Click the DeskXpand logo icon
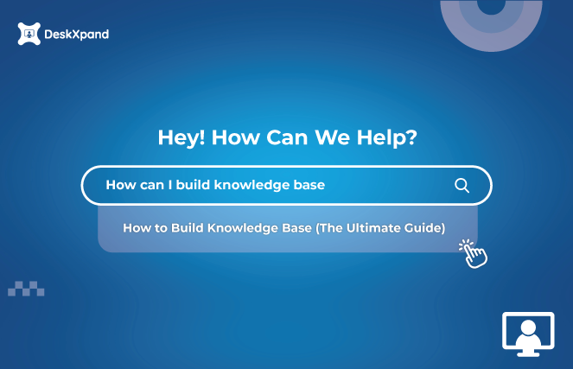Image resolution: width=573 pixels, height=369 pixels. coord(28,34)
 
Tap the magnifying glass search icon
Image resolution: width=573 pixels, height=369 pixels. coord(462,185)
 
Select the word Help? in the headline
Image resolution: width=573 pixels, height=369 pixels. coord(387,137)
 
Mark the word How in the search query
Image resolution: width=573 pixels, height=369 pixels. coord(119,185)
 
